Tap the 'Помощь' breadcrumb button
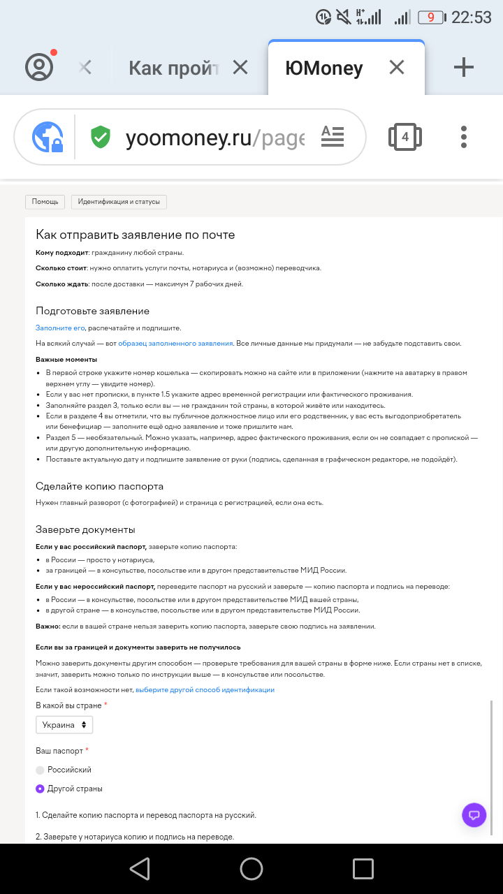pyautogui.click(x=45, y=202)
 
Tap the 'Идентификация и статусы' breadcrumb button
pyautogui.click(x=119, y=202)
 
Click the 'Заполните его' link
pyautogui.click(x=60, y=327)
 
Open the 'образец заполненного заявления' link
pyautogui.click(x=175, y=343)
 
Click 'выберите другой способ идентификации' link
pyautogui.click(x=205, y=689)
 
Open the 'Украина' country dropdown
pyautogui.click(x=64, y=725)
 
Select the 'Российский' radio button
pyautogui.click(x=41, y=770)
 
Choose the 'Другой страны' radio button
pyautogui.click(x=41, y=789)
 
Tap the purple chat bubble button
pyautogui.click(x=474, y=815)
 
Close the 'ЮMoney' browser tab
pyautogui.click(x=397, y=67)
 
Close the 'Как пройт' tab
pyautogui.click(x=240, y=67)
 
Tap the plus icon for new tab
pyautogui.click(x=464, y=67)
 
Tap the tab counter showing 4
pyautogui.click(x=405, y=137)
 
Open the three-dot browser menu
pyautogui.click(x=464, y=137)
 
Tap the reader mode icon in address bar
pyautogui.click(x=333, y=136)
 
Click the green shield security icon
pyautogui.click(x=101, y=137)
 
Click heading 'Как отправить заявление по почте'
pyautogui.click(x=136, y=235)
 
